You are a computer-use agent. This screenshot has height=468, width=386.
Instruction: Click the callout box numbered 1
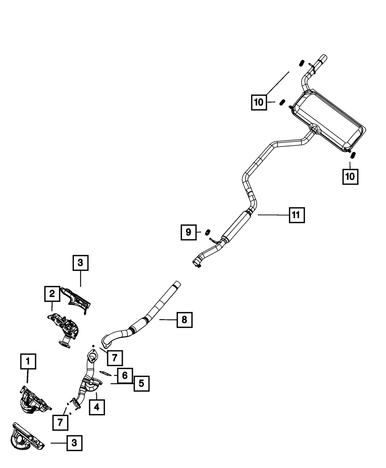click(x=28, y=362)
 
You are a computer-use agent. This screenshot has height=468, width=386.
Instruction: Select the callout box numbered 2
click(x=52, y=295)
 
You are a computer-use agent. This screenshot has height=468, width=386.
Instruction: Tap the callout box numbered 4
click(x=96, y=406)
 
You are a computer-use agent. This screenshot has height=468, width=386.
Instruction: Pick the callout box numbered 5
click(x=141, y=383)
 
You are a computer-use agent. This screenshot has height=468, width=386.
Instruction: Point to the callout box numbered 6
click(x=125, y=375)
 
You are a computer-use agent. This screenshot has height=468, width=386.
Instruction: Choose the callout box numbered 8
click(x=184, y=320)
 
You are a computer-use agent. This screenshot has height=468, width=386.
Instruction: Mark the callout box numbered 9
click(x=188, y=232)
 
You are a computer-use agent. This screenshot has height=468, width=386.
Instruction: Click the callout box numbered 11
click(x=296, y=215)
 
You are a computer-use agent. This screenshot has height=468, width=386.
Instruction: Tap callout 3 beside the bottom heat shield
click(x=74, y=443)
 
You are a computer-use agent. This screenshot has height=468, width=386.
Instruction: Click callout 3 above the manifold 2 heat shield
click(x=80, y=263)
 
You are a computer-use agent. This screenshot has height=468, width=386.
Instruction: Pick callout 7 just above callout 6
click(x=115, y=358)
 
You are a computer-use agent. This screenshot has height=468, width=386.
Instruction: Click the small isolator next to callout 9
click(x=207, y=232)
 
